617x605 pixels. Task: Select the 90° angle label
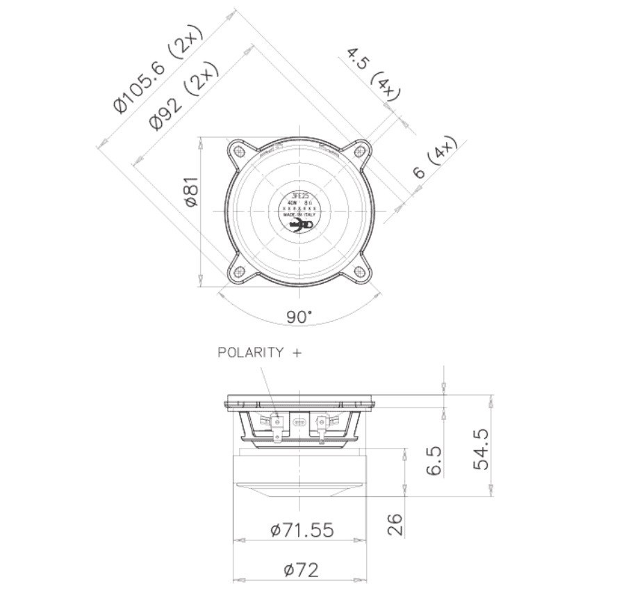click(299, 317)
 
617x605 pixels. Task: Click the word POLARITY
click(251, 353)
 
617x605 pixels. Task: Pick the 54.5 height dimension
click(481, 449)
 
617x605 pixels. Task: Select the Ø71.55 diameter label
click(302, 531)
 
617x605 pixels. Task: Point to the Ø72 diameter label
click(302, 570)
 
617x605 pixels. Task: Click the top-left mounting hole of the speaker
click(239, 151)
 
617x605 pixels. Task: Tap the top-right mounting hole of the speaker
click(359, 151)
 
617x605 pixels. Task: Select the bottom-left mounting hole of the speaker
click(239, 272)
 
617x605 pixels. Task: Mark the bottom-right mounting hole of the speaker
click(359, 272)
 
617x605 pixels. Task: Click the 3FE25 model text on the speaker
click(299, 195)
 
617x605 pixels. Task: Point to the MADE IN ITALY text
click(299, 216)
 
